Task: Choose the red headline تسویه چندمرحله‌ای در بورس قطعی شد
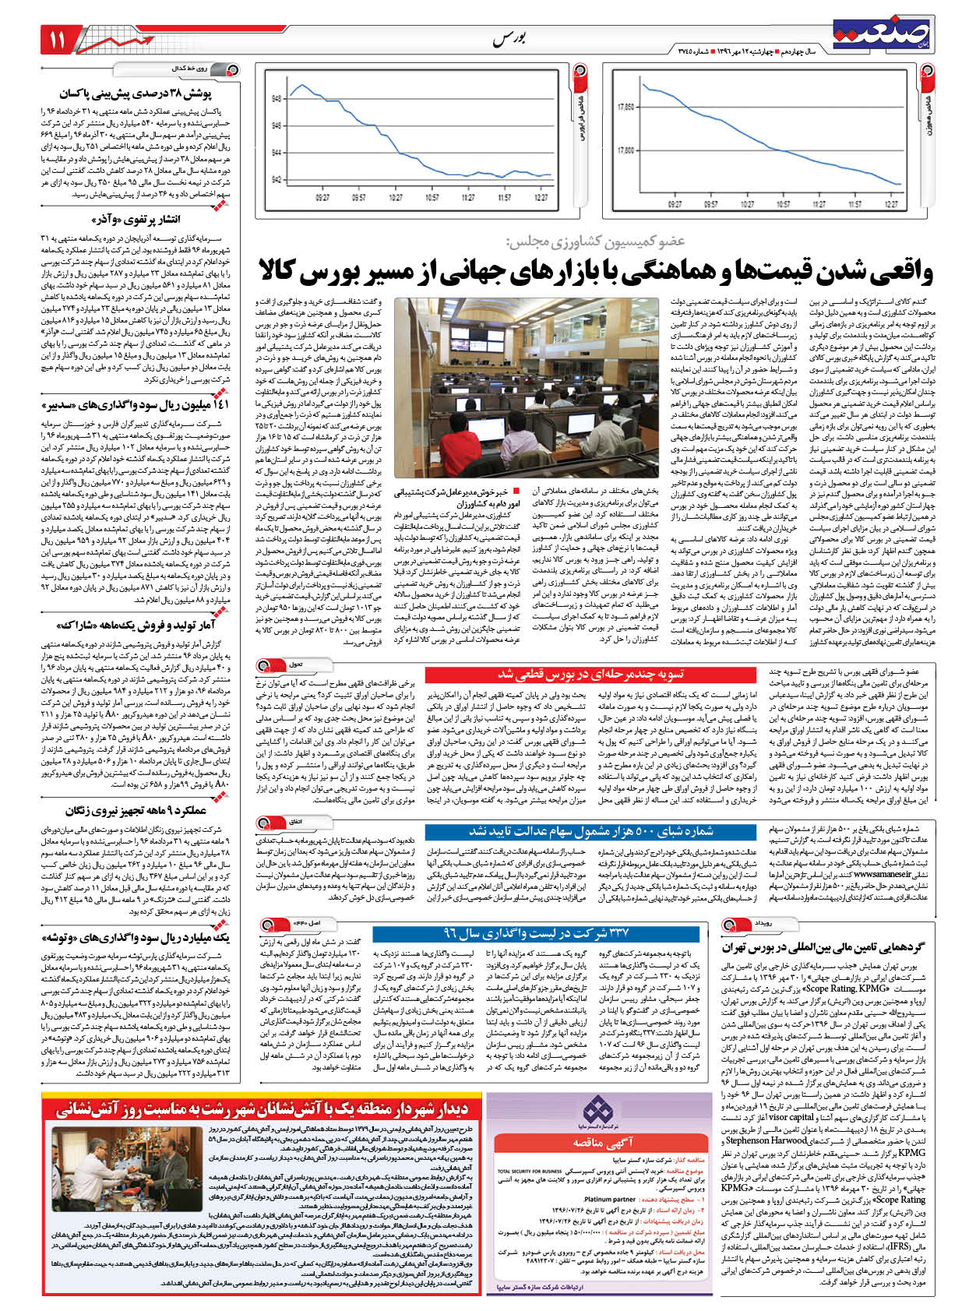[590, 674]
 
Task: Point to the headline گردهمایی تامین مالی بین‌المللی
[823, 947]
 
